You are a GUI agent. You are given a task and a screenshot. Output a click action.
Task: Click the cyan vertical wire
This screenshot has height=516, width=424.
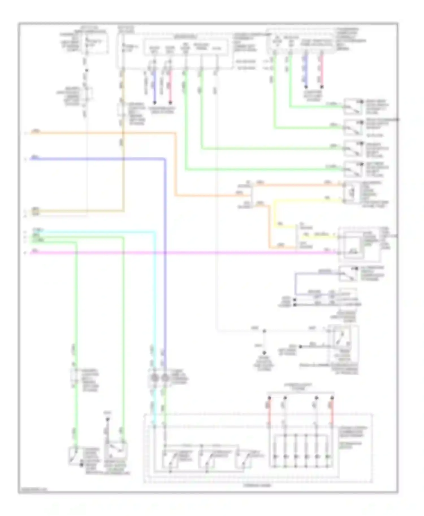pyautogui.click(x=155, y=311)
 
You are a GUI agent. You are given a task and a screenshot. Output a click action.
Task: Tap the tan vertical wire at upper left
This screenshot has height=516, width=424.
pyautogui.click(x=123, y=169)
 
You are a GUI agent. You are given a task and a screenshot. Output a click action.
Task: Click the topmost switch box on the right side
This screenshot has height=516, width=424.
pyautogui.click(x=353, y=107)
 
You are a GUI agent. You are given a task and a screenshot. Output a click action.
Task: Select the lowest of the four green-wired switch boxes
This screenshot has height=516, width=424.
pyautogui.click(x=353, y=169)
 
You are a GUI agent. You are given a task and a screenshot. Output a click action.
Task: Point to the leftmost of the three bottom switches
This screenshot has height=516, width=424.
pyautogui.click(x=170, y=459)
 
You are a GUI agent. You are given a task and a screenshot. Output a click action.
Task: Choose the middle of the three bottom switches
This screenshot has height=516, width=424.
pyautogui.click(x=206, y=459)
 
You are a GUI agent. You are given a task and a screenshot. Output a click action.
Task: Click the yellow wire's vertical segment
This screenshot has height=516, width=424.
pyautogui.click(x=275, y=215)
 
